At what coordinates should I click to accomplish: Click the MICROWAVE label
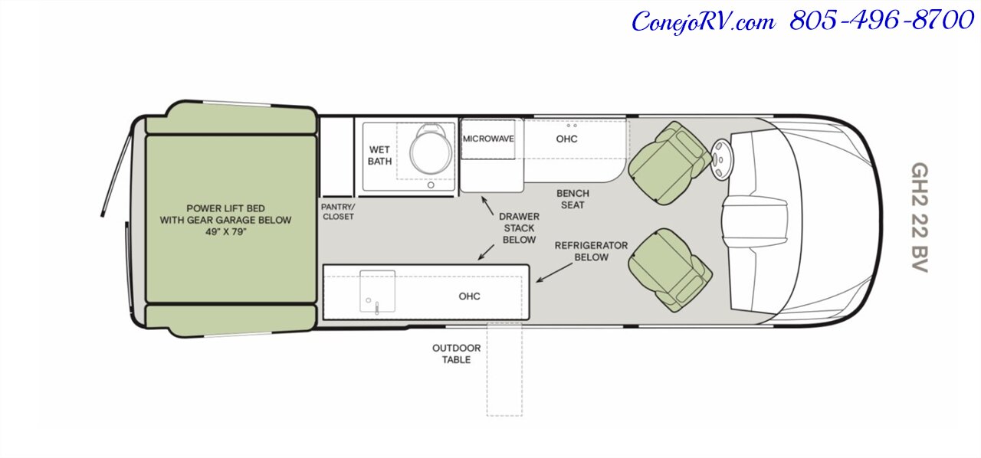pos(488,139)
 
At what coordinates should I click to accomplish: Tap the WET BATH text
pos(379,155)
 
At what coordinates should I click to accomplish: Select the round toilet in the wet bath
pos(430,149)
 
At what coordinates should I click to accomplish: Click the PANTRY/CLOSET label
pos(338,211)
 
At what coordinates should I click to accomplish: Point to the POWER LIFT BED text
pos(225,208)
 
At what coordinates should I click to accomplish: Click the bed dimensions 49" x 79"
pos(225,232)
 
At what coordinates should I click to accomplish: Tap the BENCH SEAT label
pos(573,199)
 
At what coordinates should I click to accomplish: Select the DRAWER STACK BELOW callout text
pos(520,228)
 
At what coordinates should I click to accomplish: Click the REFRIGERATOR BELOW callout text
pos(591,251)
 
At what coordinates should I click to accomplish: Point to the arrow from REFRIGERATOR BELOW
pos(554,273)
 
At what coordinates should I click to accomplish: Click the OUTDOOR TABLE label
pos(456,354)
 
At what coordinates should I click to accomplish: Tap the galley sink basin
pos(378,291)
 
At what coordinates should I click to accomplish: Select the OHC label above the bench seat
pos(566,139)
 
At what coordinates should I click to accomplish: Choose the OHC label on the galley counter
pos(470,296)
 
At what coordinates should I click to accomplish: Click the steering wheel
pos(720,159)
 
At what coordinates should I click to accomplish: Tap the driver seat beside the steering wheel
pos(668,163)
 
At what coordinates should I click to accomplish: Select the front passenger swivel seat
pos(670,270)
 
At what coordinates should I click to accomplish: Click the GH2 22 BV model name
pos(920,218)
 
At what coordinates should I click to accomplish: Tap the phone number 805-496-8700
pos(881,21)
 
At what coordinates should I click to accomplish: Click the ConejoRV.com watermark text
pos(704,21)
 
